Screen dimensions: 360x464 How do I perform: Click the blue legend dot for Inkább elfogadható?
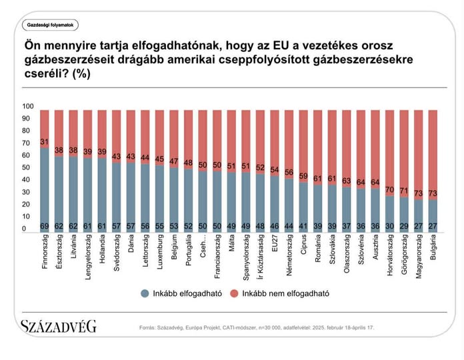click(x=145, y=293)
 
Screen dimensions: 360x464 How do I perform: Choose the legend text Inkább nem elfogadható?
click(x=286, y=293)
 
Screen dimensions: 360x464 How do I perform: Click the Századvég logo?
click(x=58, y=327)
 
